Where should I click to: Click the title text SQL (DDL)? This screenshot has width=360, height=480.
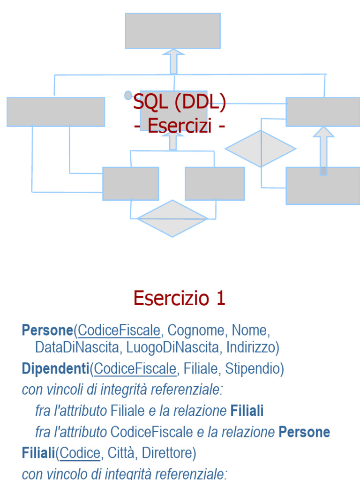pos(180,103)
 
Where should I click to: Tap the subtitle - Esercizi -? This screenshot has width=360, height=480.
pos(180,126)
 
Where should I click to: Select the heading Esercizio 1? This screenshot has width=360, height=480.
pos(180,298)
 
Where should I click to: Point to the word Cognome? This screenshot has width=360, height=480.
pos(196,330)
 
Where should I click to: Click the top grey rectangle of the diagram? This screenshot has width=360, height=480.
pos(172,30)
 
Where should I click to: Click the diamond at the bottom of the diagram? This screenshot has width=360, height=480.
pos(172,218)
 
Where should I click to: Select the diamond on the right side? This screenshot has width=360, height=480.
pos(261,149)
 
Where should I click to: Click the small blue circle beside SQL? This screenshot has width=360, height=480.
pos(128,95)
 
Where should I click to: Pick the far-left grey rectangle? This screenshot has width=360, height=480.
pos(55,112)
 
